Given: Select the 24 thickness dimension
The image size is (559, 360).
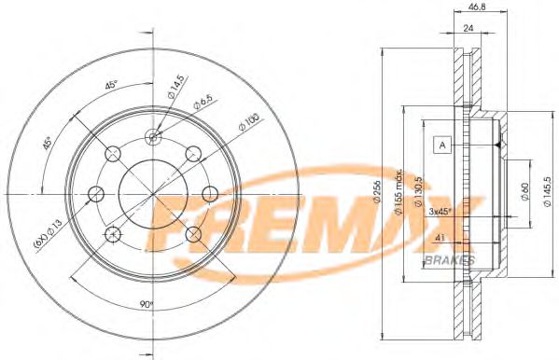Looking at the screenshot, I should (x=469, y=28).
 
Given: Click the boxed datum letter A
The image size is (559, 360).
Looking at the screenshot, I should (x=442, y=145).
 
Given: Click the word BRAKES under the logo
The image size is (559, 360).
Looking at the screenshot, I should (x=450, y=258).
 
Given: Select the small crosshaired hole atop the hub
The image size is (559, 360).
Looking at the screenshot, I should (x=154, y=137).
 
